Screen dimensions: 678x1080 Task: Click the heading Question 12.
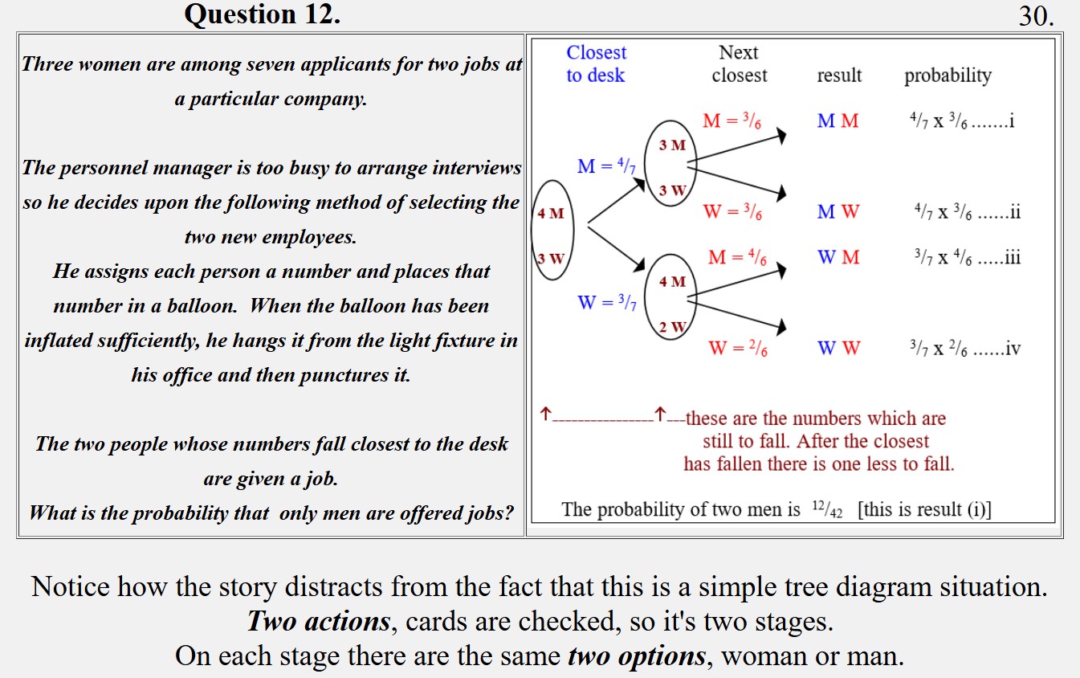[262, 14]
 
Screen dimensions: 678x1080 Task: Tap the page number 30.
[1036, 16]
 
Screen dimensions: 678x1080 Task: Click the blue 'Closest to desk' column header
[596, 63]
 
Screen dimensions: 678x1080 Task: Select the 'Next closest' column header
[739, 63]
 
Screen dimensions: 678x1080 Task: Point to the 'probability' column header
[948, 76]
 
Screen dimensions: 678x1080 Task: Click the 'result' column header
[839, 76]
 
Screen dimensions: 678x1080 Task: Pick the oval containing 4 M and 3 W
[551, 231]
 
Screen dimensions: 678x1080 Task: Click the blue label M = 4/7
[606, 167]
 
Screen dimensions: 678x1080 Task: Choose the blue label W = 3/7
[606, 303]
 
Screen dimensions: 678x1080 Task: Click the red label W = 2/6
[737, 349]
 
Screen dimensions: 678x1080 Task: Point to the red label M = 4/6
[737, 258]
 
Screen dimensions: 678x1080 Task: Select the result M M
[838, 121]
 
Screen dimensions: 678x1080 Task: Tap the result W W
[838, 349]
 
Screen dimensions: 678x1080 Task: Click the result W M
[838, 258]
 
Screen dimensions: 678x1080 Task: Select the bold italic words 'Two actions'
[319, 621]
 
